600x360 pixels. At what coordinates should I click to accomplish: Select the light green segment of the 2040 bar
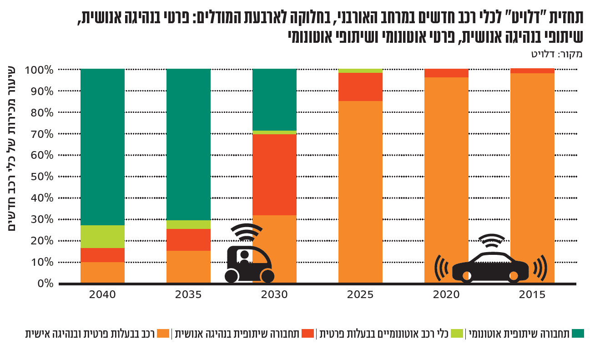(102, 237)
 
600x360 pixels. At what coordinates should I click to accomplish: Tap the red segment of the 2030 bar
(274, 174)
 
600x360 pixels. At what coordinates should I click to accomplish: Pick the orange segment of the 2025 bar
(360, 191)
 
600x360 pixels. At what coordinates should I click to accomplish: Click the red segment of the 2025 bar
(360, 86)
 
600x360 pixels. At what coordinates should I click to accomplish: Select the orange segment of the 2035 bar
(188, 267)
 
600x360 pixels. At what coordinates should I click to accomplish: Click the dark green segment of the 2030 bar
(274, 99)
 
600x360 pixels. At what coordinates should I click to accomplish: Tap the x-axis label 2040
(102, 294)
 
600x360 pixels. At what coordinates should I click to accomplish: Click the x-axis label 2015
(532, 294)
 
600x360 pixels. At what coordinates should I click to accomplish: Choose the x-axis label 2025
(360, 294)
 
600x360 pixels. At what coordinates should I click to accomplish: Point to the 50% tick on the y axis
(42, 177)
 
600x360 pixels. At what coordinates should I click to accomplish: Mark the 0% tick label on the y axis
(45, 284)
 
